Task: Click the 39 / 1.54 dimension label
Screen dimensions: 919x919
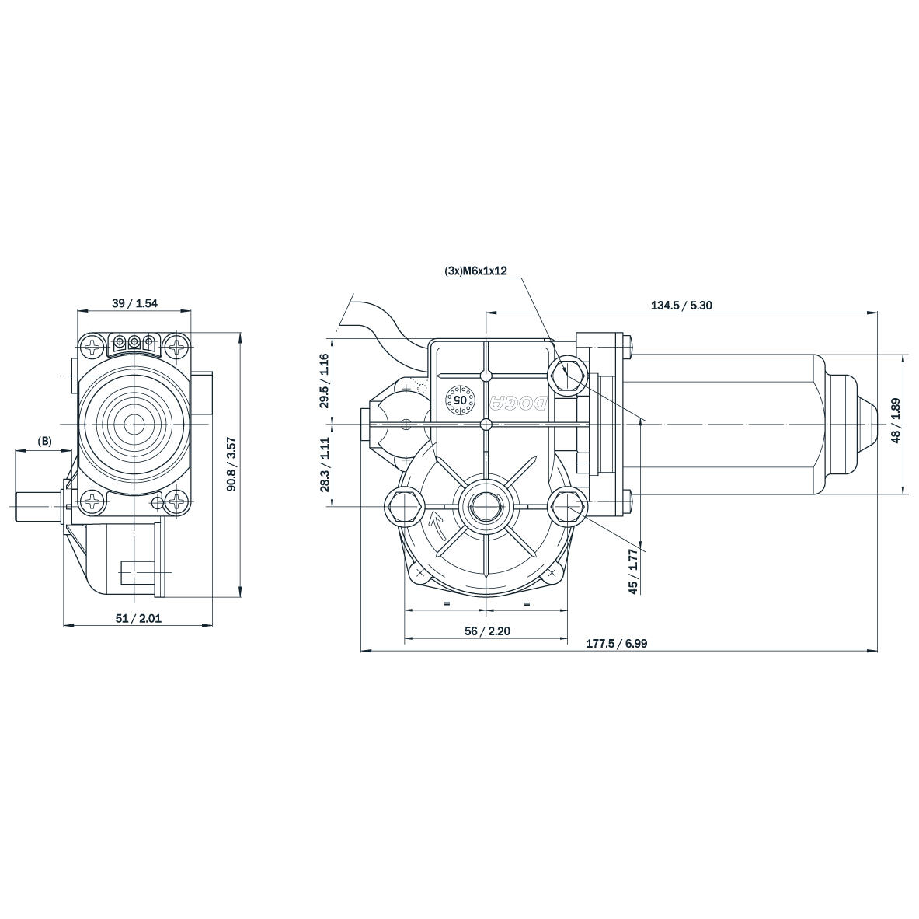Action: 134,303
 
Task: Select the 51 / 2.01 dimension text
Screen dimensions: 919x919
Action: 138,618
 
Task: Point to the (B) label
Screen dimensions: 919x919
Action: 45,441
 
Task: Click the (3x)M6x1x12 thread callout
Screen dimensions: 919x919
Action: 475,271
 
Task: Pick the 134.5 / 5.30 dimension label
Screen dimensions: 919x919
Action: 681,306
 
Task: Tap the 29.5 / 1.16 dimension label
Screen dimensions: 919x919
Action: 325,380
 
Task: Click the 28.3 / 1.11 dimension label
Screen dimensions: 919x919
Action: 325,464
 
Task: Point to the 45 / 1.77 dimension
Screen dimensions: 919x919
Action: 633,571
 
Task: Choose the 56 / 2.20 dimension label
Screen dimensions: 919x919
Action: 487,631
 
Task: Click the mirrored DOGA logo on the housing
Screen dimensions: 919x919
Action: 519,401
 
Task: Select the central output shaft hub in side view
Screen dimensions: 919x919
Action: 486,507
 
